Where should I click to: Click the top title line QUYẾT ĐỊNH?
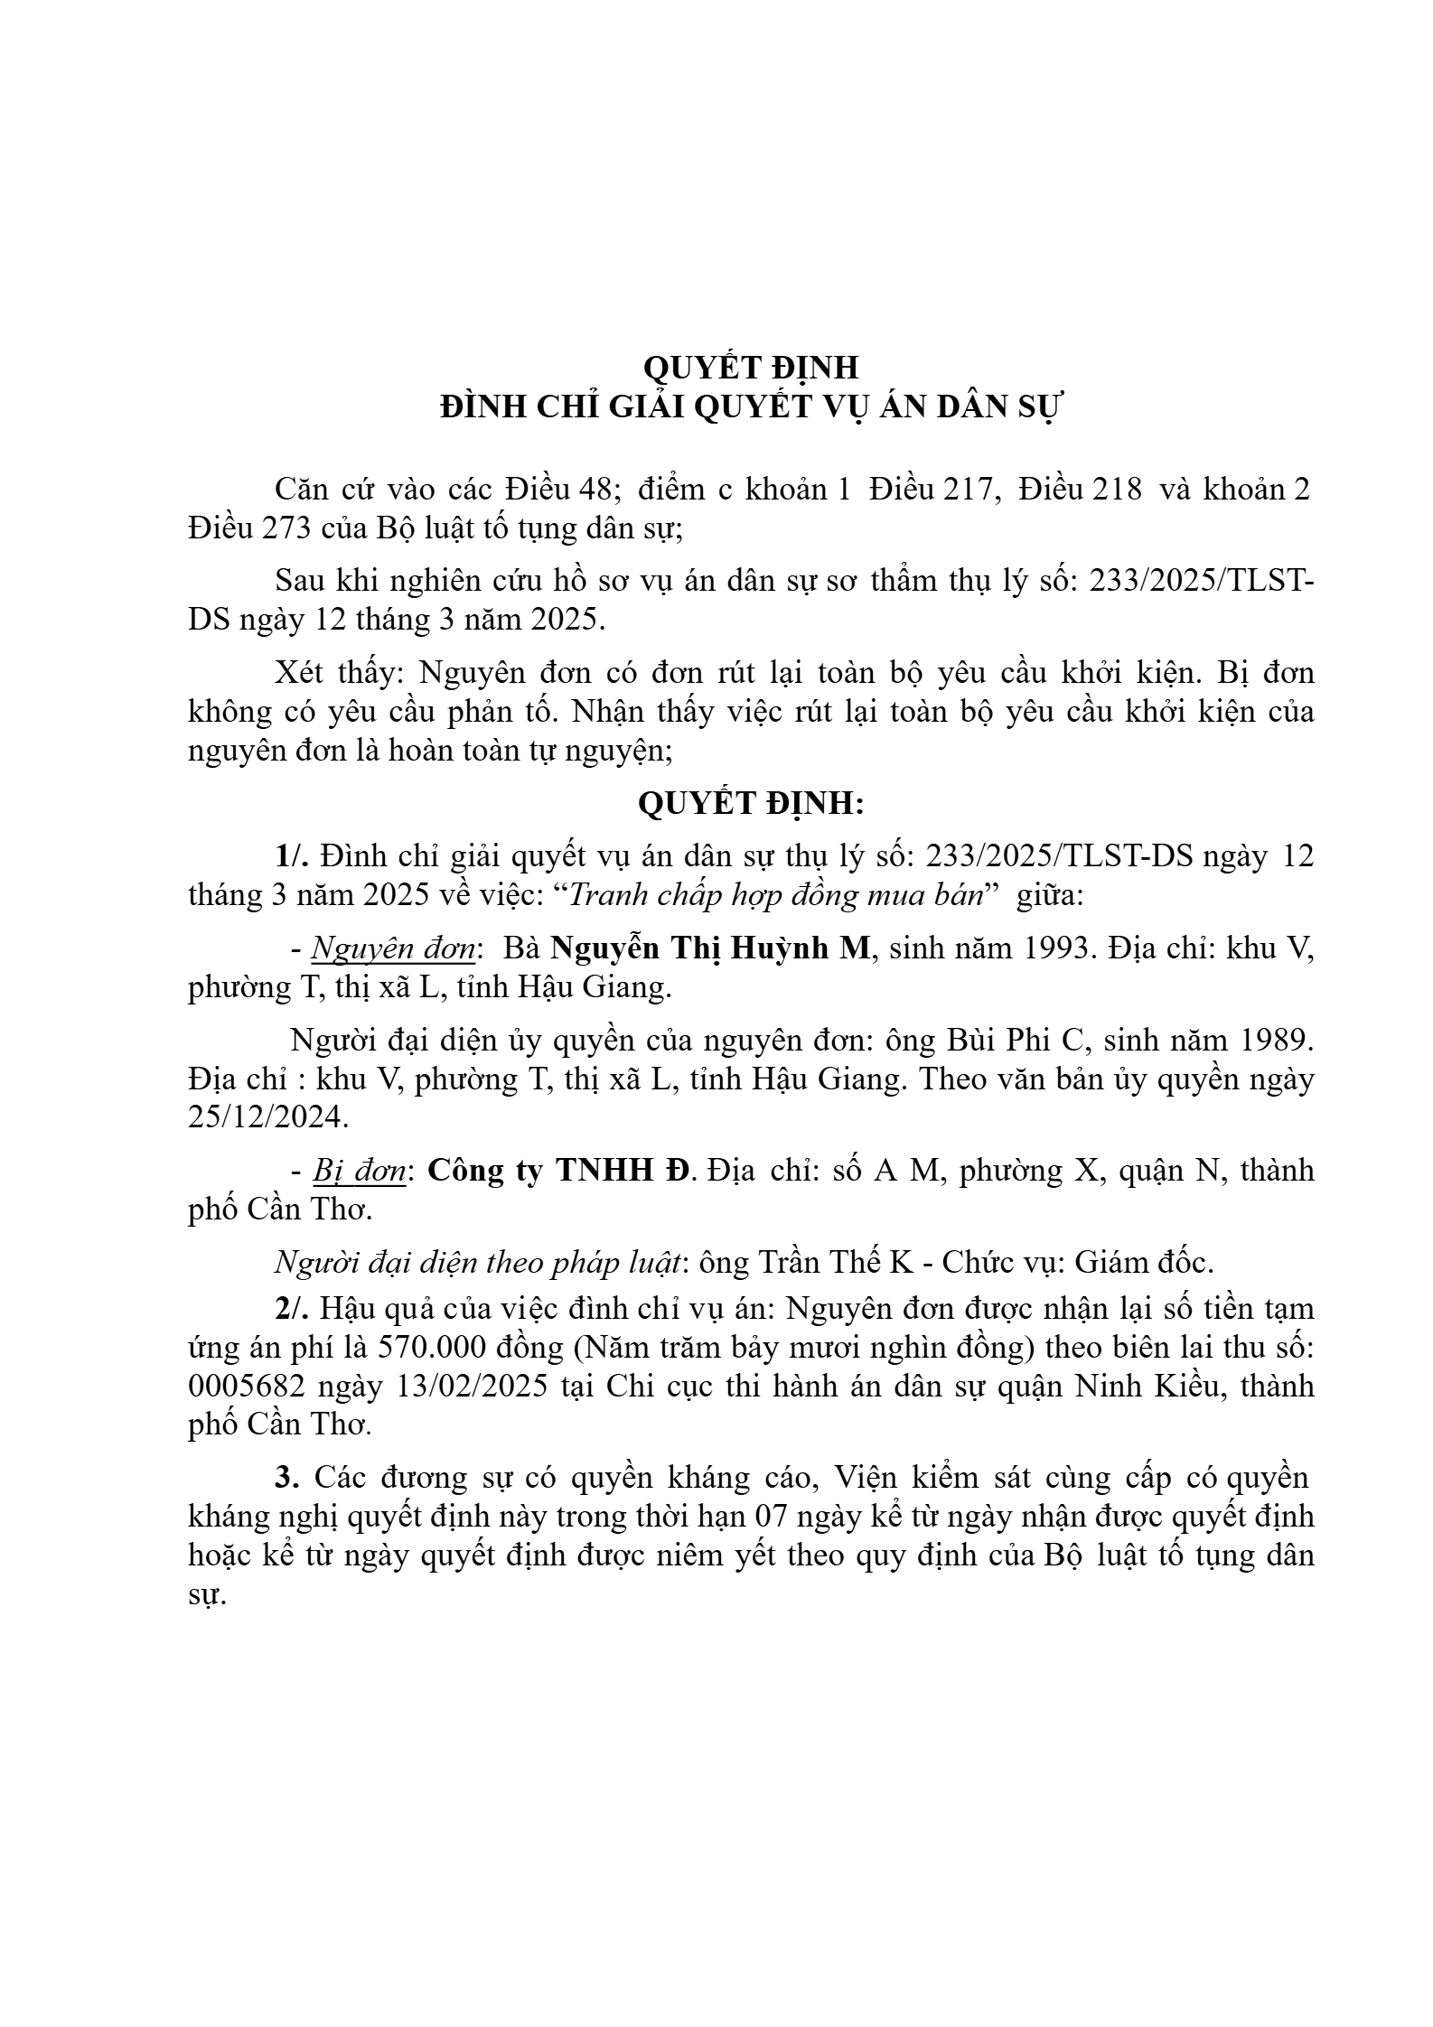tap(750, 368)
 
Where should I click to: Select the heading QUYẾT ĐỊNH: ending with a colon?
tap(751, 803)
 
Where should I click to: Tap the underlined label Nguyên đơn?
tap(393, 948)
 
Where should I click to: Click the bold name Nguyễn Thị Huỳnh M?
tap(709, 948)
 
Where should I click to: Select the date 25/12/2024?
tap(267, 1117)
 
